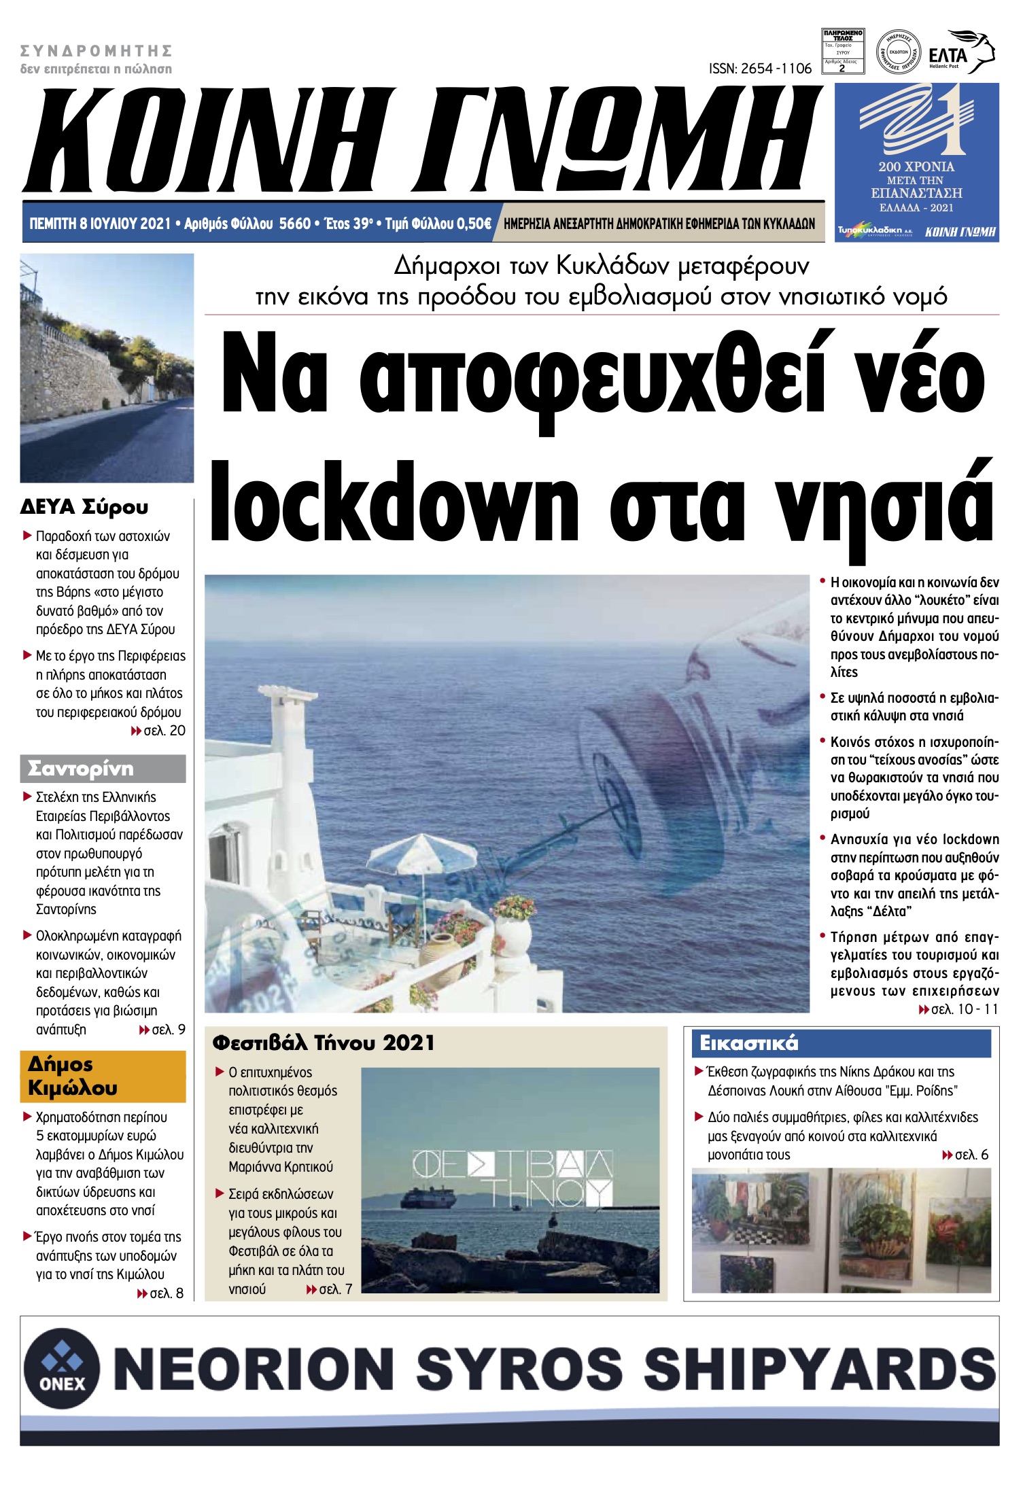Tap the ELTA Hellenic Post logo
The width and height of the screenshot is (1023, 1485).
click(960, 52)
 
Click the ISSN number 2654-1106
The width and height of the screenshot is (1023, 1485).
click(761, 69)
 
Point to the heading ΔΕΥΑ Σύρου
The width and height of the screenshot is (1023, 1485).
click(84, 507)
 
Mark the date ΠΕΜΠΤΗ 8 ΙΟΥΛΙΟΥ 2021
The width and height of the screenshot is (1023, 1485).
click(100, 224)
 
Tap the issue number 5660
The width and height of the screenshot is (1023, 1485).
click(295, 224)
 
